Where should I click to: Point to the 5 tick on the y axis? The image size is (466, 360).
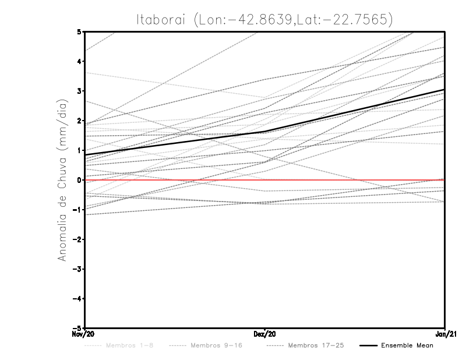point(79,31)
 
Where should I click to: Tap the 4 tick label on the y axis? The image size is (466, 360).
point(79,61)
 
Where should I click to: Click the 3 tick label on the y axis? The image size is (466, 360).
point(79,91)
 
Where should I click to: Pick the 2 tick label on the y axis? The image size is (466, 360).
point(79,121)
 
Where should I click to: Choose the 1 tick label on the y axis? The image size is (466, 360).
point(79,150)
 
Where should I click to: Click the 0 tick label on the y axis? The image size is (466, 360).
point(79,180)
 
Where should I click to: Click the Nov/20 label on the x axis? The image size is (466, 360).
point(84,334)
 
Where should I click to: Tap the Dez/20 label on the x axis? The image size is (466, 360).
point(265,334)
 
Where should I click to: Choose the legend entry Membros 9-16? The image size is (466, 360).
point(216,346)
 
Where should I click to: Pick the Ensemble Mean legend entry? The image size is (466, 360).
point(407,346)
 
